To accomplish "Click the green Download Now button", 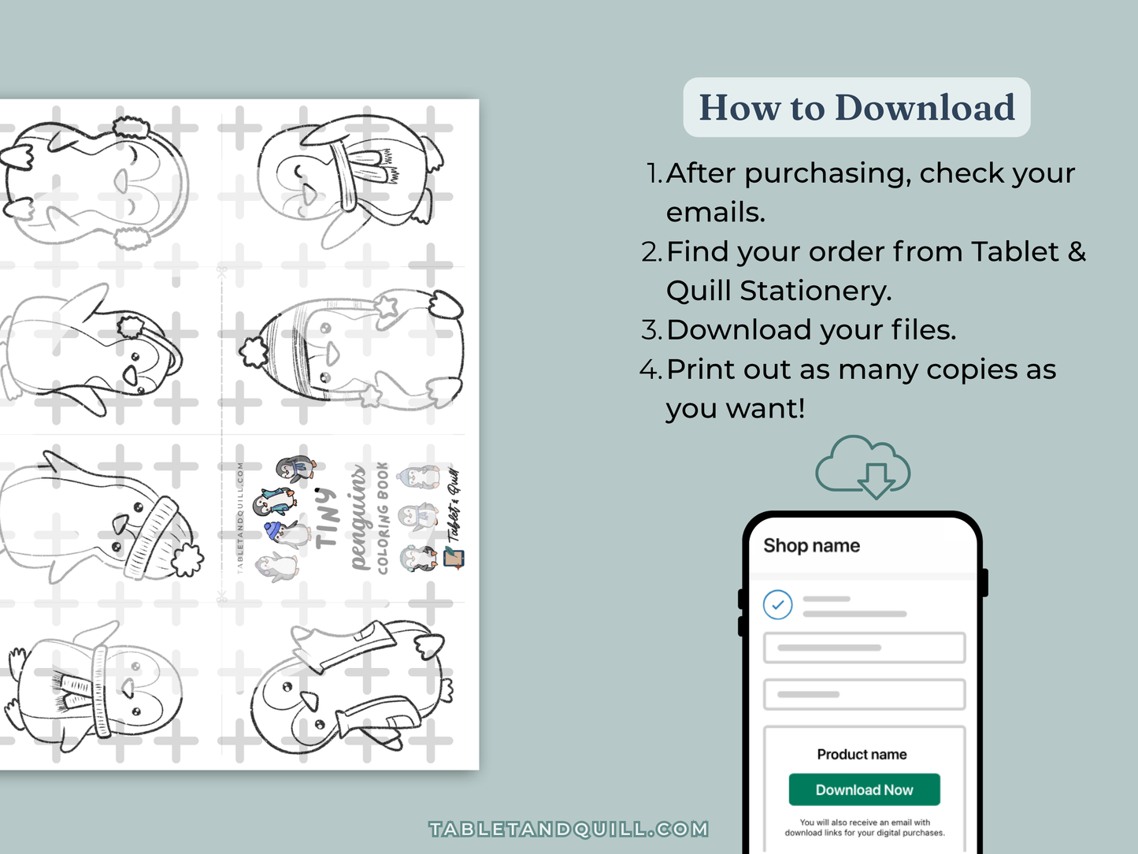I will (x=864, y=789).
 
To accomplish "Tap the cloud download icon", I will (x=863, y=466).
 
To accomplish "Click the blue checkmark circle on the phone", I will (x=777, y=604).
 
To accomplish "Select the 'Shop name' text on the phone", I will (x=811, y=545).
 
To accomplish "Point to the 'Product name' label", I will (x=862, y=754).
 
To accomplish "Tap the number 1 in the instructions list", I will (x=653, y=173).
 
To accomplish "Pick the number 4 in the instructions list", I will (x=650, y=369).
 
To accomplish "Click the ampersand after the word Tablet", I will (x=1077, y=252).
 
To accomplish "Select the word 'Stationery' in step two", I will (x=815, y=291).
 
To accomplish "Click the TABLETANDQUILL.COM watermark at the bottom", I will (x=569, y=829).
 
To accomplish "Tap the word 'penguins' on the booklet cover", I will (x=358, y=518).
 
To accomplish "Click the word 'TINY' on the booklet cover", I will (x=327, y=518).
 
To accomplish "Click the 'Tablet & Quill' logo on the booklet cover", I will (x=454, y=516).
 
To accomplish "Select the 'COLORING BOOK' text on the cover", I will (x=383, y=518).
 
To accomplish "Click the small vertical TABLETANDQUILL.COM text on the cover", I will (x=240, y=518).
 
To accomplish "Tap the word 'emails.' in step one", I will (x=715, y=213).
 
